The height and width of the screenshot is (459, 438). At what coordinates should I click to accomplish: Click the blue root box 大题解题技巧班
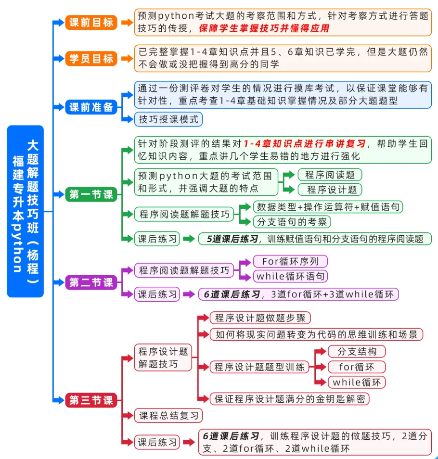(25, 211)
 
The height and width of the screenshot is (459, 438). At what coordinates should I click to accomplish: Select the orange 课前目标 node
(91, 22)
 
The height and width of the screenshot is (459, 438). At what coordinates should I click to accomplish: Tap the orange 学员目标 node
(91, 59)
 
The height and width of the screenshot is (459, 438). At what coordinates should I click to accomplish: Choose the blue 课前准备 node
(91, 107)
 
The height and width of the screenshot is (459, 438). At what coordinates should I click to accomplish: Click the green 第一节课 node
(91, 194)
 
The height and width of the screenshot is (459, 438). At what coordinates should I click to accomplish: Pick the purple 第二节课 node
(91, 282)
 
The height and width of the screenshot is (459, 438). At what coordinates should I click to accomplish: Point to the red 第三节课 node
(91, 400)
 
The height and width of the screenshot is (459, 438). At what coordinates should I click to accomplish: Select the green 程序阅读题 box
(330, 174)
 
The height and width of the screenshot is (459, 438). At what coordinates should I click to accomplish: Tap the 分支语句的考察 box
(292, 222)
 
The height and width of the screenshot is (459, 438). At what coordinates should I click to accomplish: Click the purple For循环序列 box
(290, 261)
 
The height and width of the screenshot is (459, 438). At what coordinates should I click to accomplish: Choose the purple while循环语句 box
(291, 276)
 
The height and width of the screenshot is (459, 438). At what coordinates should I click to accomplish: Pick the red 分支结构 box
(357, 351)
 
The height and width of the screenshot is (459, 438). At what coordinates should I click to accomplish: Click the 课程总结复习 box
(168, 416)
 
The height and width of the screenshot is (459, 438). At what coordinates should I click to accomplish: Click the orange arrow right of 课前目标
(127, 22)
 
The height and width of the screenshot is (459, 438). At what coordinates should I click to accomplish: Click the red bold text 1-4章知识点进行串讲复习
(304, 143)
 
